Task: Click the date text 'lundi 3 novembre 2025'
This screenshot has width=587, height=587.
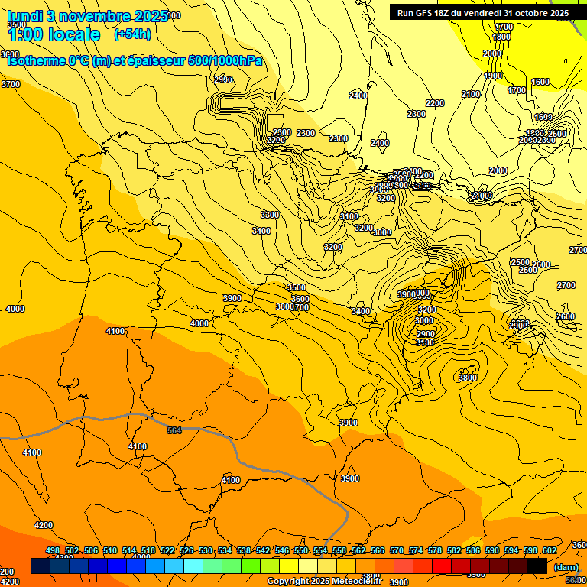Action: click(88, 16)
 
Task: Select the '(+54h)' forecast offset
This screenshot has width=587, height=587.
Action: click(132, 34)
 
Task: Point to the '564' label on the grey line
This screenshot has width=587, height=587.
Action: click(174, 431)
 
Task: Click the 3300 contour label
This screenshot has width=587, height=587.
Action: click(269, 215)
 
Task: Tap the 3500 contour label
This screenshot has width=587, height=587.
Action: click(297, 287)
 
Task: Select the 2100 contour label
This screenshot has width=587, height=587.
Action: click(471, 94)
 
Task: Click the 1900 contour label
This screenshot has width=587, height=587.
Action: click(494, 76)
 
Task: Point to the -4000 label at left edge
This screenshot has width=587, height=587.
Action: click(14, 309)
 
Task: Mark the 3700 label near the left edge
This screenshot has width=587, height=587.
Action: click(11, 84)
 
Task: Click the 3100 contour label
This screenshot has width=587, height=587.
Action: click(349, 216)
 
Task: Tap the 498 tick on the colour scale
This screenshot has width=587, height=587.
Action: click(53, 550)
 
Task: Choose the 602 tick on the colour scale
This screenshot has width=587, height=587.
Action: click(550, 550)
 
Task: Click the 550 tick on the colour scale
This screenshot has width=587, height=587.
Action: click(301, 550)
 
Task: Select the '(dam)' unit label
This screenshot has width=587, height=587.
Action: click(566, 567)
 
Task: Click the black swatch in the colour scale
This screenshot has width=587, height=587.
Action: click(537, 566)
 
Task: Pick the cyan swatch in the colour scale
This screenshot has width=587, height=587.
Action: click(193, 566)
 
